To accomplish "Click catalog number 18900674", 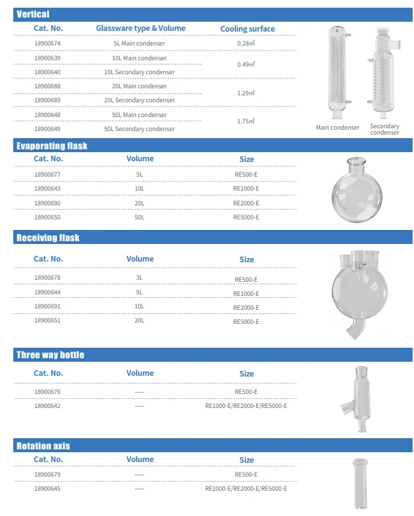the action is pos(48,43).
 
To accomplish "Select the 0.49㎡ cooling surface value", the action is pos(246,64).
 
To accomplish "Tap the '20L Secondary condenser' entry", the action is pos(139,100).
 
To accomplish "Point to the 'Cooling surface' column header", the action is pos(247,29).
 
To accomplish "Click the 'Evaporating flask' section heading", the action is pos(52,146).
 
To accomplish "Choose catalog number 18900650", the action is pos(48,217).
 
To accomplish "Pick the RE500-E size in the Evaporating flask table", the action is pos(246,175).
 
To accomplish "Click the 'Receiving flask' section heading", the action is pos(48,238).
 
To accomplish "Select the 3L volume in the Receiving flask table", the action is pos(139,278).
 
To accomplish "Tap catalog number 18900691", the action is pos(48,306).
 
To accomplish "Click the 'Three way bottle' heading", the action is pos(50,355).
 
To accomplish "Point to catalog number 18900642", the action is pos(48,406).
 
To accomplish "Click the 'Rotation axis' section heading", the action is pos(43,446).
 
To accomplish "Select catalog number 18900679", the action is pos(48,475).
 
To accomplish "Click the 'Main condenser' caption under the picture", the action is pos(338,128).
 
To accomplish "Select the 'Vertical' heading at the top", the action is pos(33,14).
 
